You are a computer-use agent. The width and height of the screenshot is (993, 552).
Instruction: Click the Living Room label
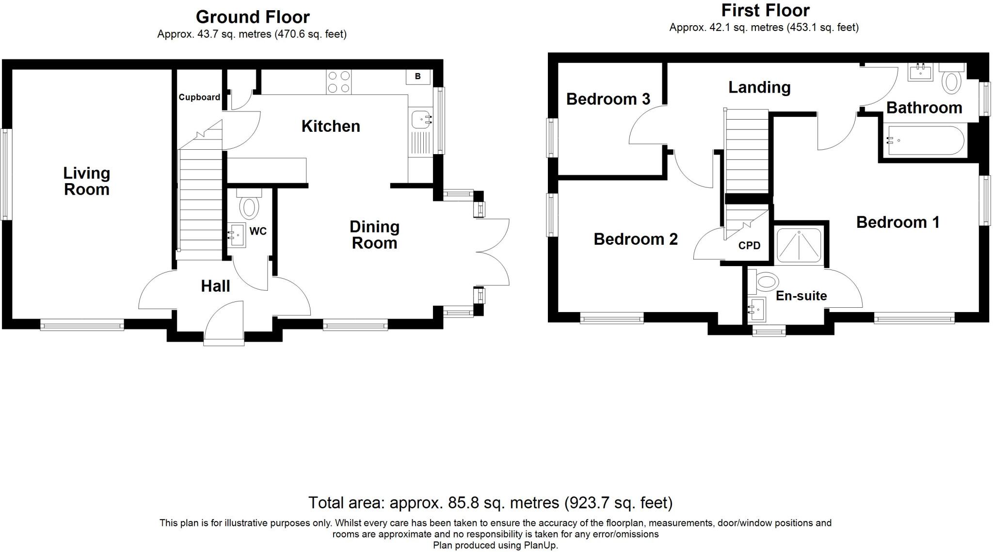[87, 181]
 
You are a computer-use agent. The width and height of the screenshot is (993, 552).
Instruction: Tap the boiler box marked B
[418, 77]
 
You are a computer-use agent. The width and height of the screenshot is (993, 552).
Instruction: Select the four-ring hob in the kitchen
[338, 82]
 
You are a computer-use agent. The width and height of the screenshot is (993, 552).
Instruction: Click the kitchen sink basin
[419, 118]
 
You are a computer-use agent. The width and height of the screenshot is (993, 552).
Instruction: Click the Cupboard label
[199, 97]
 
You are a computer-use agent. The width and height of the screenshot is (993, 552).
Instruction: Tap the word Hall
[215, 286]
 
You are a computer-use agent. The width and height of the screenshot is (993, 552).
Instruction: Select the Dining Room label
[374, 235]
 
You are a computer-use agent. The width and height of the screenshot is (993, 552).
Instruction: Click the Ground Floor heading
[252, 17]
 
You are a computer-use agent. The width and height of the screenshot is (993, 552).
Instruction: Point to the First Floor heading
[765, 10]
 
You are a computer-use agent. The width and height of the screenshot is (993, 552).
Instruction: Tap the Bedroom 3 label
[608, 99]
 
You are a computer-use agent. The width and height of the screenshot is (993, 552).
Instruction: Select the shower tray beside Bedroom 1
[799, 246]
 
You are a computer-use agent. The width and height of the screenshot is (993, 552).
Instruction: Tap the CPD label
[749, 246]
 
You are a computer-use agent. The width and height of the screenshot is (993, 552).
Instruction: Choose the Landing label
[759, 87]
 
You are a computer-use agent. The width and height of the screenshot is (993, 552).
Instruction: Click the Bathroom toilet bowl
[951, 82]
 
